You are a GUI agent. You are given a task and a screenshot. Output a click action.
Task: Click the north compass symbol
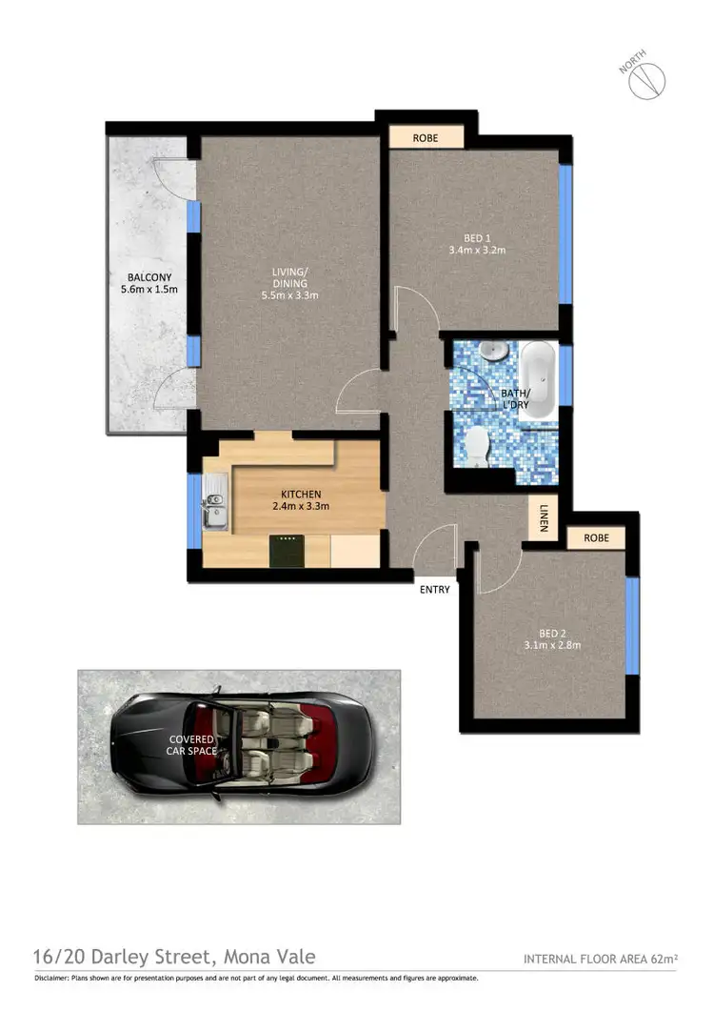pyautogui.click(x=644, y=80)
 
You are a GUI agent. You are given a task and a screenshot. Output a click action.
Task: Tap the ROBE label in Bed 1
pyautogui.click(x=426, y=137)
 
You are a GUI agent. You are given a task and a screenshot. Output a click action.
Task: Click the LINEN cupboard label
pyautogui.click(x=544, y=519)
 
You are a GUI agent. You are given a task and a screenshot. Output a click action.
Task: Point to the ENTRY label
pyautogui.click(x=434, y=590)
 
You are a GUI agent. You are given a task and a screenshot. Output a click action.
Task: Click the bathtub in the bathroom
pyautogui.click(x=538, y=379)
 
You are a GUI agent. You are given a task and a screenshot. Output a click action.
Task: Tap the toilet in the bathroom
pyautogui.click(x=476, y=443)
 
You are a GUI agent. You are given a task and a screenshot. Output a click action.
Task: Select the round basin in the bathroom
pyautogui.click(x=492, y=352)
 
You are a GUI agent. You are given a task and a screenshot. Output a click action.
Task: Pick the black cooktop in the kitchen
pyautogui.click(x=287, y=550)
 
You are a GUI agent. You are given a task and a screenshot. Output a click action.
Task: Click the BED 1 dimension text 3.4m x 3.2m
pyautogui.click(x=476, y=251)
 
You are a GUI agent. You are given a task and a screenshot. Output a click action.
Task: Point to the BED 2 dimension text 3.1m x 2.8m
pyautogui.click(x=553, y=645)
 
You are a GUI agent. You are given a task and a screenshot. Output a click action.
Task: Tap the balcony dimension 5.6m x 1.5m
pyautogui.click(x=142, y=290)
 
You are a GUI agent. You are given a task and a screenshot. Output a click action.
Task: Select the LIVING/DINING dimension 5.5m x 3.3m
pyautogui.click(x=290, y=295)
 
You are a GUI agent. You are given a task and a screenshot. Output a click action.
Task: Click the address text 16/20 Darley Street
pyautogui.click(x=174, y=956)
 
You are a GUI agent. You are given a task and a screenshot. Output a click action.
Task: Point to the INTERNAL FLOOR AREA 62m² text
pyautogui.click(x=599, y=959)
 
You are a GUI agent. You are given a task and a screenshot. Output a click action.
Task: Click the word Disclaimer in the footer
pyautogui.click(x=53, y=978)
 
